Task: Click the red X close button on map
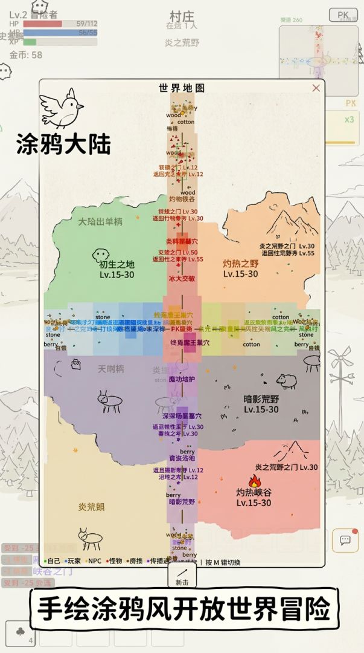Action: pos(316,88)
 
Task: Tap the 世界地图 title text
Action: pos(182,88)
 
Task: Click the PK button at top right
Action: pos(343,15)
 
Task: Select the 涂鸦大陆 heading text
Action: pos(63,145)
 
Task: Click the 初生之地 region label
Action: pos(117,264)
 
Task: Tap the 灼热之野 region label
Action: pos(240,264)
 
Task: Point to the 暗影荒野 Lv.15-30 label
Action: pos(261,404)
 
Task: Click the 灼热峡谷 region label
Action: pos(254,492)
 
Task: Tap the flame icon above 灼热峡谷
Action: pos(255,481)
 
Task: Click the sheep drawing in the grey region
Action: pos(286,381)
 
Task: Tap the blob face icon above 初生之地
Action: pos(100,255)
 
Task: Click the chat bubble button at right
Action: pos(345,540)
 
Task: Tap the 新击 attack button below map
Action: pos(182,576)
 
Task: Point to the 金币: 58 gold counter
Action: pos(26,55)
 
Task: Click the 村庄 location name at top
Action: pos(182,15)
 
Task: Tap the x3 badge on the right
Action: pos(349,119)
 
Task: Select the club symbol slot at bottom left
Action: pos(19,632)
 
